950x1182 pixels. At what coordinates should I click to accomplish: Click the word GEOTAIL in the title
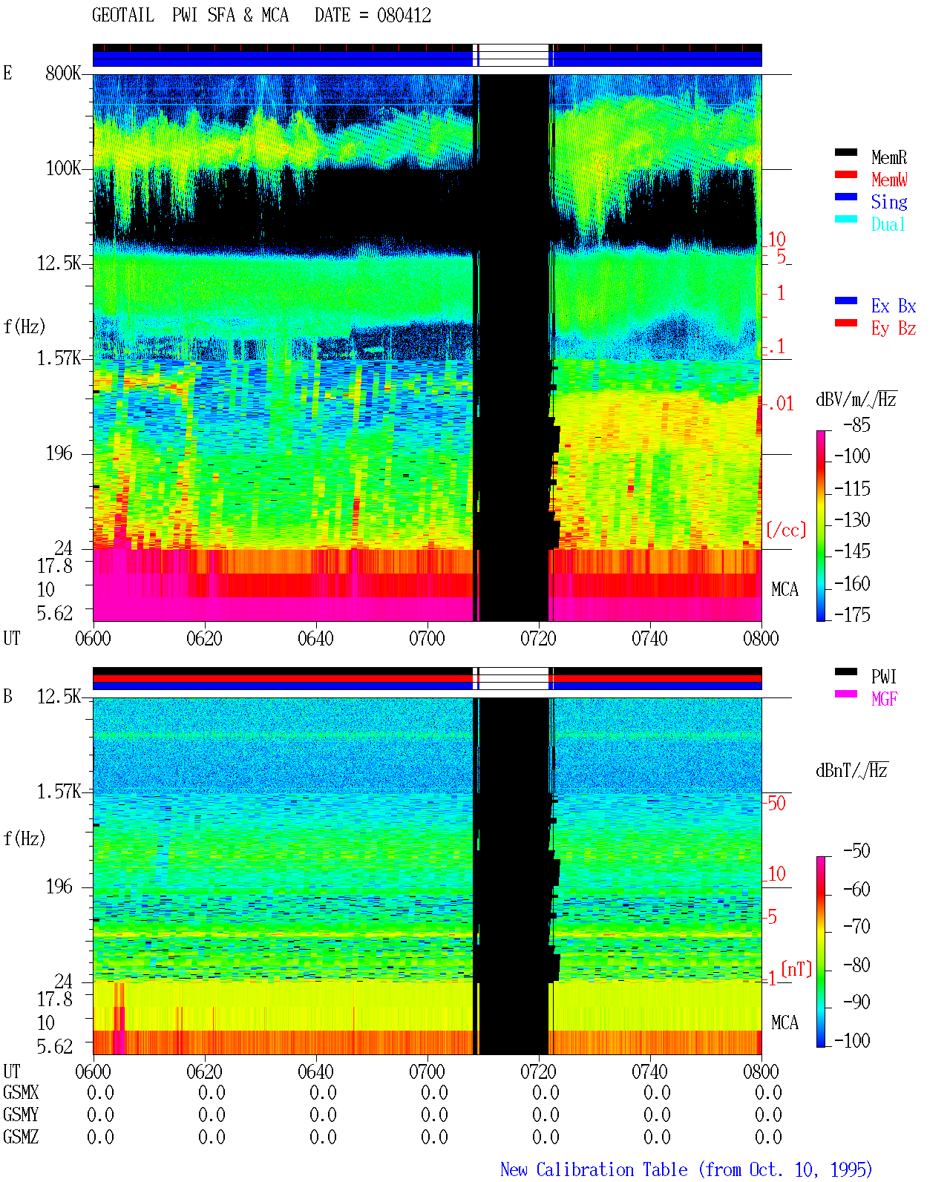123,16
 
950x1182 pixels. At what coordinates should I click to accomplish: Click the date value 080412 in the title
404,16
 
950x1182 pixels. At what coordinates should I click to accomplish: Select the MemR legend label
889,157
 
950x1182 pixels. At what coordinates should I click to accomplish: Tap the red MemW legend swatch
845,174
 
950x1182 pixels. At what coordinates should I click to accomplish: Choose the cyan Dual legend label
888,224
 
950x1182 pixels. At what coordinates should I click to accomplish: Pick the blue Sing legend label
889,202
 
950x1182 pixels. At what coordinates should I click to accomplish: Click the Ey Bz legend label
894,329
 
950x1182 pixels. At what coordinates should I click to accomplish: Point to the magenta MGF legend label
884,699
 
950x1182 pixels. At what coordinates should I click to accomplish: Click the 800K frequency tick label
63,73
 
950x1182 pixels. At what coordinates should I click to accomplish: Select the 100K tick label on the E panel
63,168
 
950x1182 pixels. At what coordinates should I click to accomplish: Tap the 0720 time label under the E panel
539,638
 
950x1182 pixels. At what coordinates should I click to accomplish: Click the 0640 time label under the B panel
316,1071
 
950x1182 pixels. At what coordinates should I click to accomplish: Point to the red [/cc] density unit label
786,530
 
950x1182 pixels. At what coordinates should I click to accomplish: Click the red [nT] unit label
796,969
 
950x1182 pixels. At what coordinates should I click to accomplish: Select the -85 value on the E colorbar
856,424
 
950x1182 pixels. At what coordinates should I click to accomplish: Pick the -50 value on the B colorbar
856,851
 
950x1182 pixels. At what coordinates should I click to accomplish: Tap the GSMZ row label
21,1137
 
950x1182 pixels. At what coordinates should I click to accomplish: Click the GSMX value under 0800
768,1093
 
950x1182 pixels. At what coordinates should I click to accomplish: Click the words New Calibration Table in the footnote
594,1169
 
